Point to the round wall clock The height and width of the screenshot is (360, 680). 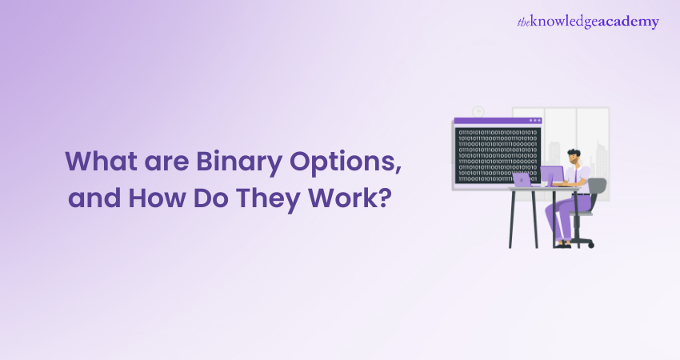point(478,111)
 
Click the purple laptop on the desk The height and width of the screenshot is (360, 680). point(522,180)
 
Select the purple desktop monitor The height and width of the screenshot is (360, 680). point(552,175)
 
